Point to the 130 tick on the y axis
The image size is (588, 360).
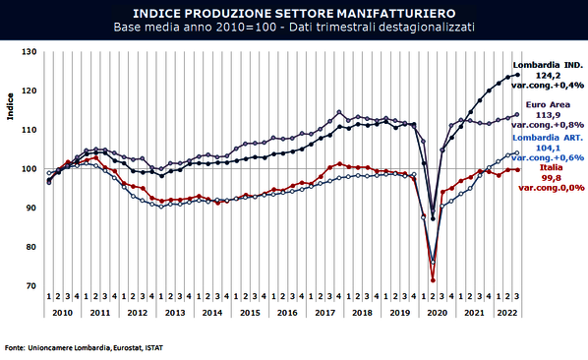[x=29, y=52]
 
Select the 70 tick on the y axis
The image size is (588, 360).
[x=30, y=286]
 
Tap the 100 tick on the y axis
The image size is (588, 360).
[x=29, y=169]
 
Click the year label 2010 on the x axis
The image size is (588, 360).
[x=62, y=311]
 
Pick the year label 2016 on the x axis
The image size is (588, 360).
[x=286, y=311]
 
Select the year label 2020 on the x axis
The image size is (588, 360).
[x=435, y=311]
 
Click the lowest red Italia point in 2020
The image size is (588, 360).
[x=433, y=279]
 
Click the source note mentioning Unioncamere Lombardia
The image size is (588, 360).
[x=85, y=347]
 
